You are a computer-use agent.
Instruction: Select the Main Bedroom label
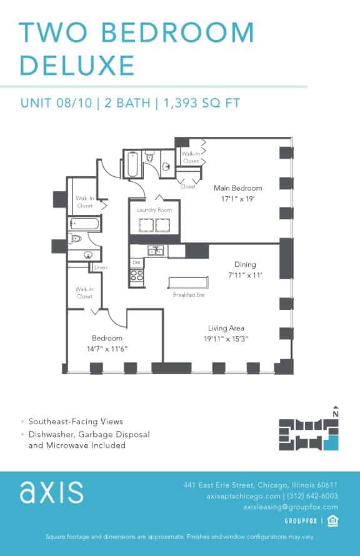pyautogui.click(x=237, y=188)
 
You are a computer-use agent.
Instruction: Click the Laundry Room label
pyautogui.click(x=154, y=211)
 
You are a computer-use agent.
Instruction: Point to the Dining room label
pyautogui.click(x=245, y=264)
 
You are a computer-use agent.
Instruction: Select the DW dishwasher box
pyautogui.click(x=136, y=263)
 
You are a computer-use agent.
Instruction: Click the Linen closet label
pyautogui.click(x=101, y=268)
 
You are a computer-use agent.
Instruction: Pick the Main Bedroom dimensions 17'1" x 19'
pyautogui.click(x=237, y=199)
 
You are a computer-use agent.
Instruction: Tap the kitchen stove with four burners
pyautogui.click(x=137, y=275)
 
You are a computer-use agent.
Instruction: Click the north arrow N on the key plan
pyautogui.click(x=336, y=412)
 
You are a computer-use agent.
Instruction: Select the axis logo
pyautogui.click(x=51, y=492)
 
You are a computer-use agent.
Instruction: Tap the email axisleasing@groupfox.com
pyautogui.click(x=291, y=507)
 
